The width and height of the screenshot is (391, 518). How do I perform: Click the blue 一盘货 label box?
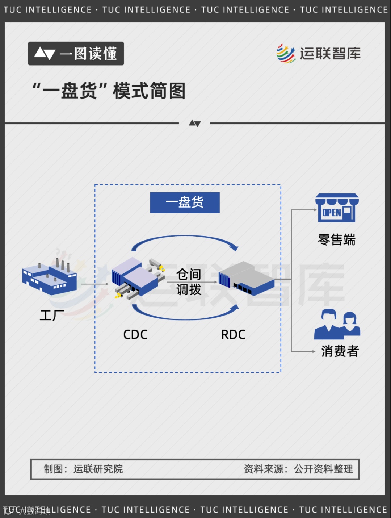pos(185,202)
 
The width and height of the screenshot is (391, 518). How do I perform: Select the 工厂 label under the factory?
pos(52,316)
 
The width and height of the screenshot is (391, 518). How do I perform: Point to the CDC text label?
pos(135,335)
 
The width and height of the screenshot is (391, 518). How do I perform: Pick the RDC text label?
pos(233,335)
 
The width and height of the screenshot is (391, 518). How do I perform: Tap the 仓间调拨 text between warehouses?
pos(189,282)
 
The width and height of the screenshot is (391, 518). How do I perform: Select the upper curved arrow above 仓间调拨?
pos(185,240)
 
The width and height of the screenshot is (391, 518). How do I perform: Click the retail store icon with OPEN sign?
pos(337,208)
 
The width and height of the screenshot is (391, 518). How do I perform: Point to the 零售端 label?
pos(337,240)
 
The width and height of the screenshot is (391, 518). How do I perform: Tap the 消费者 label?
pos(340,351)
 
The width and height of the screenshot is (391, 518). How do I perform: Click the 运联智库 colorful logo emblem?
pos(286,54)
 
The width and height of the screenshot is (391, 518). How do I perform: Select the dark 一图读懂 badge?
pos(76,54)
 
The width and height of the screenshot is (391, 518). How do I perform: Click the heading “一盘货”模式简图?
pos(109,91)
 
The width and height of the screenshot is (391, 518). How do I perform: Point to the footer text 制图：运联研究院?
pos(83,469)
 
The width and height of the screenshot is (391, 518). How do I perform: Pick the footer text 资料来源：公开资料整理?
pos(298,469)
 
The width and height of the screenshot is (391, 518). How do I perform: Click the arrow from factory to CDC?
pos(95,284)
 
